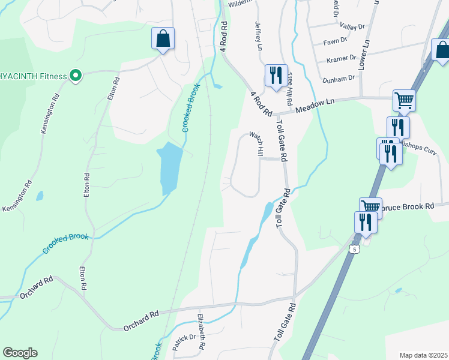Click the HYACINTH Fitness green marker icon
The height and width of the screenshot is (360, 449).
75,76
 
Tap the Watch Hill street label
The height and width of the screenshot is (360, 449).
257,144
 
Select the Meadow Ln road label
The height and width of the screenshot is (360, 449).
315,106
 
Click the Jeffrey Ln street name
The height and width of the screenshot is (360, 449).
259,36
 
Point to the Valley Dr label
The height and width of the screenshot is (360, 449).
352,26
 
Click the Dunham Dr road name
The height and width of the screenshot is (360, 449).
339,79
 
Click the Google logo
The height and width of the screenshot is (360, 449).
20,353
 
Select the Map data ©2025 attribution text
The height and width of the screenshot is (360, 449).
423,355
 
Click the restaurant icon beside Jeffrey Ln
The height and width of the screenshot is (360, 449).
276,76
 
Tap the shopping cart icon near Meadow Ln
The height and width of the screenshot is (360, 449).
404,100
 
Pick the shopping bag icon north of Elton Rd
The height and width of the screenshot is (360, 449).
163,39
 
